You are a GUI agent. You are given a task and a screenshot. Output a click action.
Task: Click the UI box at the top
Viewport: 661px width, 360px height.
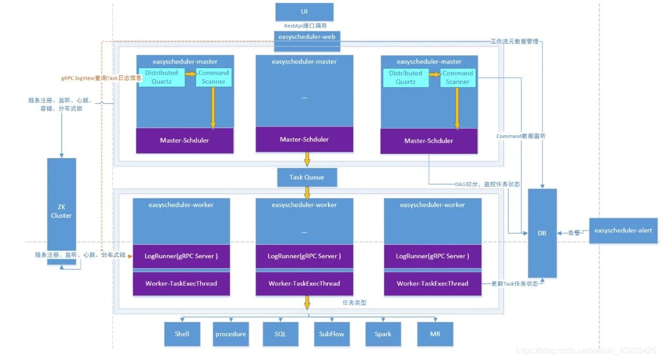click(304, 11)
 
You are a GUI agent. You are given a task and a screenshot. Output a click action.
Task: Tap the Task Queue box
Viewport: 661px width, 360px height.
click(307, 177)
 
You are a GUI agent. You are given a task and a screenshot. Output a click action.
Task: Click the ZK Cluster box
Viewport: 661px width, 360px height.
click(61, 211)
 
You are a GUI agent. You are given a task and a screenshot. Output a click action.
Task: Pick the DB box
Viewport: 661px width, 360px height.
click(542, 233)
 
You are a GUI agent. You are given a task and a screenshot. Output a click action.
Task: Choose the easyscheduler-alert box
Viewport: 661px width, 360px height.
click(623, 230)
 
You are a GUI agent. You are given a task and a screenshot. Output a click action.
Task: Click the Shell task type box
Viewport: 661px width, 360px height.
click(182, 334)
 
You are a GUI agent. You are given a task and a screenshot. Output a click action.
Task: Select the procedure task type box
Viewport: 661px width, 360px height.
click(230, 334)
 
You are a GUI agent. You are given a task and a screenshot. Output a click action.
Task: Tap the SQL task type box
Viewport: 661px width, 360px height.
click(280, 334)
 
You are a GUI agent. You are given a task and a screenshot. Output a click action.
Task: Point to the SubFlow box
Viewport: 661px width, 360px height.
click(332, 334)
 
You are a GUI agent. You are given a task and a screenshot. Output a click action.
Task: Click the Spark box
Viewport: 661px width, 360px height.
click(383, 334)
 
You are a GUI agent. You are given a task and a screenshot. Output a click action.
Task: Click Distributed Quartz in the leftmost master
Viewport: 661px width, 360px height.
click(161, 77)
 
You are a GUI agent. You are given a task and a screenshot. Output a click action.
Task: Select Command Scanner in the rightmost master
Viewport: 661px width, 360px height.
click(458, 77)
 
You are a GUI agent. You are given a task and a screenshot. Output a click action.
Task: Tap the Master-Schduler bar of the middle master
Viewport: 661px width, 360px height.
click(304, 139)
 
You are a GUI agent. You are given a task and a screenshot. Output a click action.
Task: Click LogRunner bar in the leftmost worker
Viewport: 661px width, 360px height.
click(181, 256)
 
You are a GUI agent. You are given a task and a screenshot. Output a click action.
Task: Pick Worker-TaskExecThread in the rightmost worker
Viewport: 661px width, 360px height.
click(432, 283)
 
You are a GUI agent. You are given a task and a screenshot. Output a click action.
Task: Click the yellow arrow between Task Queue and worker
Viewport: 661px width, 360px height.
click(307, 193)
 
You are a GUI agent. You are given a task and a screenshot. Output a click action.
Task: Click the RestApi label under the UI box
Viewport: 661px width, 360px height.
click(305, 25)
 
